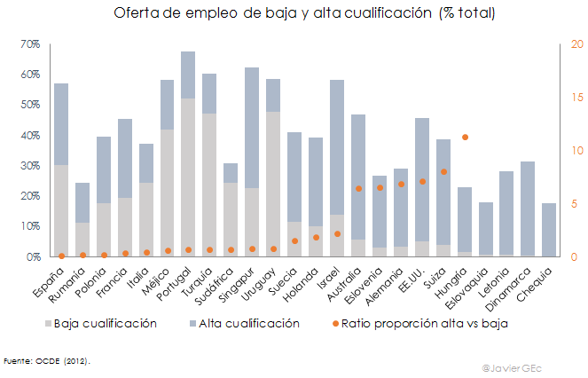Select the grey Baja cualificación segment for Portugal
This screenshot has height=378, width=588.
188,177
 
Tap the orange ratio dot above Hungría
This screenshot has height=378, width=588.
465,137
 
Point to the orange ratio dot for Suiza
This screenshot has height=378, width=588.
443,171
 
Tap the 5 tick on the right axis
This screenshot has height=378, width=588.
575,204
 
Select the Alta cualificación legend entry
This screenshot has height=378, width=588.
244,324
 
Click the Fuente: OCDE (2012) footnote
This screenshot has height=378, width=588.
47,361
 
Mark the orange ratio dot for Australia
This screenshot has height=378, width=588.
358,188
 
